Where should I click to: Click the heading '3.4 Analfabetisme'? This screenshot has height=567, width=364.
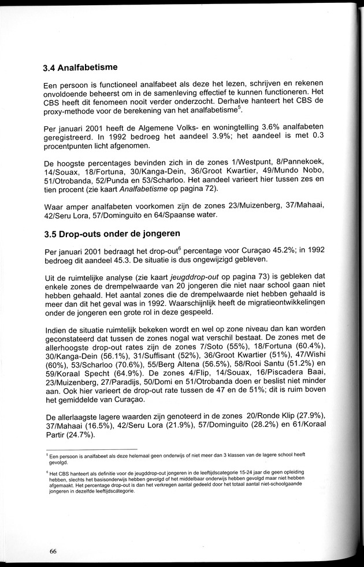pos(80,67)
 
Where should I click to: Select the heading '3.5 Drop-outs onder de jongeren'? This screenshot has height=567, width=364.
pos(113,234)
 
